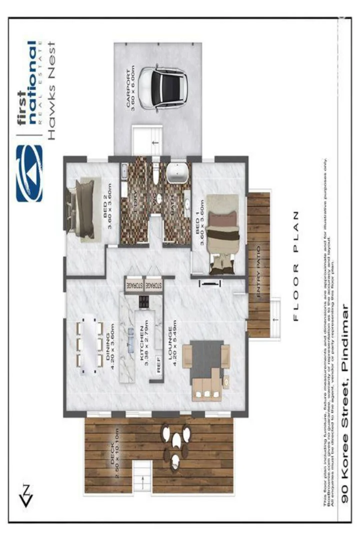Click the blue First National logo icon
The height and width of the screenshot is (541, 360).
[30, 173]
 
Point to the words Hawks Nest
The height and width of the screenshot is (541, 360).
[52, 90]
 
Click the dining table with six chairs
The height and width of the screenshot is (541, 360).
[90, 344]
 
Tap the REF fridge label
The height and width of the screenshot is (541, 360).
[159, 365]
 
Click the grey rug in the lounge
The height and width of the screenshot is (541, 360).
[206, 357]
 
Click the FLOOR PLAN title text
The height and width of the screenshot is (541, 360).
[295, 266]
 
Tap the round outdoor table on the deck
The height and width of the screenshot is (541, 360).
[176, 441]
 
